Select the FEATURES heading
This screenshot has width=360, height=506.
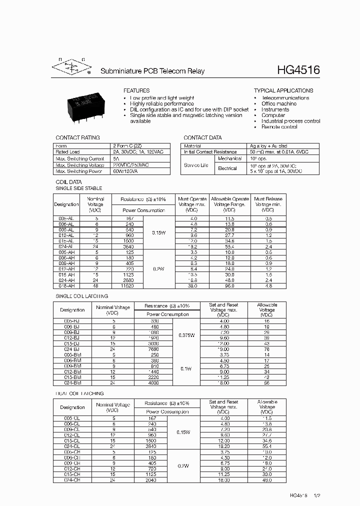click(136, 90)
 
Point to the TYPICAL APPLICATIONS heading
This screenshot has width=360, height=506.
click(283, 90)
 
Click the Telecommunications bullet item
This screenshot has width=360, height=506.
click(285, 98)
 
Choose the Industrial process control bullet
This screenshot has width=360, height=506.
click(290, 121)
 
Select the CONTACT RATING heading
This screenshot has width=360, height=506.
click(77, 137)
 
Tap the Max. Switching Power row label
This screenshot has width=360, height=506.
click(78, 171)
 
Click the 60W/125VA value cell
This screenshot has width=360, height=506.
click(125, 171)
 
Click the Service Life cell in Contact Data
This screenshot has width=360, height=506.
click(196, 165)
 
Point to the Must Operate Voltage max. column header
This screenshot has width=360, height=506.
click(191, 201)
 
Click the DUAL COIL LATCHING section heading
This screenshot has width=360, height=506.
click(79, 393)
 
